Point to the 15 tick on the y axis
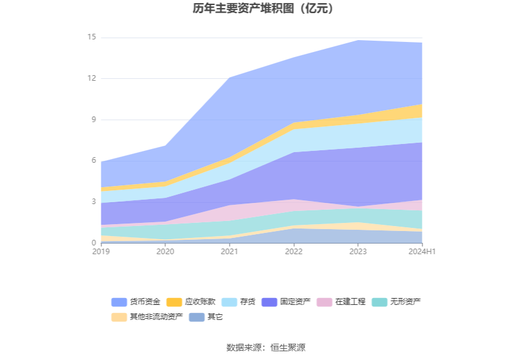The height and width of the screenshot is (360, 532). click(x=91, y=38)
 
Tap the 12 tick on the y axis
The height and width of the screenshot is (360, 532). click(x=91, y=78)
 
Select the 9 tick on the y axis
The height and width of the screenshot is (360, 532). click(x=93, y=120)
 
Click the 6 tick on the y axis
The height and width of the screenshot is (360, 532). click(x=93, y=161)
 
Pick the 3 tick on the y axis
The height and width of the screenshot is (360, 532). click(x=93, y=202)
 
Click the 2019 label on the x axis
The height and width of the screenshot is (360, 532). click(x=100, y=252)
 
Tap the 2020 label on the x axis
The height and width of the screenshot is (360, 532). click(x=165, y=252)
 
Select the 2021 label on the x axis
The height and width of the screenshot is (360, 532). click(x=230, y=252)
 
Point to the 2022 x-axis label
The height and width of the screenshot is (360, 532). click(x=294, y=252)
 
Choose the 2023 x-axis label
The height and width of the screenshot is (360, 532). click(x=359, y=252)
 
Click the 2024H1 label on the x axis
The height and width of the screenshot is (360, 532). click(x=422, y=252)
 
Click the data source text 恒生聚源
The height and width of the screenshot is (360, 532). click(x=288, y=347)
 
